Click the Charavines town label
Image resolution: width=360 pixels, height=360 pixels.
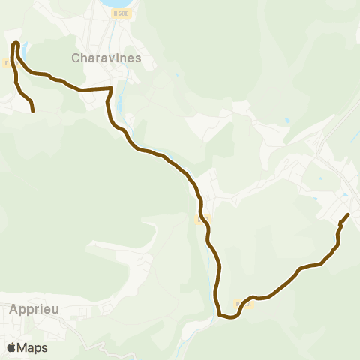pos(106,57)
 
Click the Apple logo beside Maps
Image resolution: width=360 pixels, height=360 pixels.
pos(11,347)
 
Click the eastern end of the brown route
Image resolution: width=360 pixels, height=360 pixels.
pos(349,215)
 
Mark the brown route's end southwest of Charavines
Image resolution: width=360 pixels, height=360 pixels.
pos(34,111)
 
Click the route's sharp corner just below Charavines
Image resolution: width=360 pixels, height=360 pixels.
pos(112,88)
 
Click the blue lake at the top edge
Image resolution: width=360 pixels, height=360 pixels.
pos(116,4)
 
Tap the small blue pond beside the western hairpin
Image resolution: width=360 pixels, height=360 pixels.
pos(25,50)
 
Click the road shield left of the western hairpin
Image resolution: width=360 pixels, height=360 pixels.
pos(6,63)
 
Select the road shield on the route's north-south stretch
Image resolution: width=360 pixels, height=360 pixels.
pos(200,219)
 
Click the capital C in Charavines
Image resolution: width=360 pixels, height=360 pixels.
pos(76,58)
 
